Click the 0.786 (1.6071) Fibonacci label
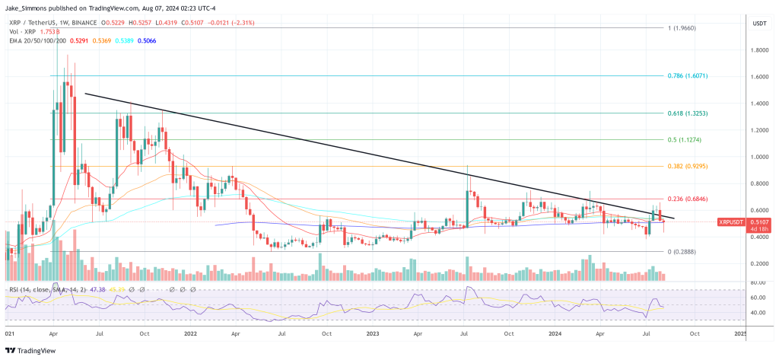[695, 76]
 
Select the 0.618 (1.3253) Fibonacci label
[695, 113]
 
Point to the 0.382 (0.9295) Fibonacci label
[695, 166]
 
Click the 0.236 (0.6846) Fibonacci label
[695, 199]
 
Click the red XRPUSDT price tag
[733, 221]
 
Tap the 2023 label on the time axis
[373, 333]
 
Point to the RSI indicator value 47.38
[99, 289]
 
